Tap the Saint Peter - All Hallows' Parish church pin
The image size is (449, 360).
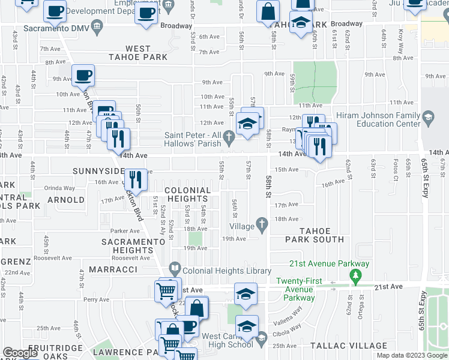click(x=229, y=139)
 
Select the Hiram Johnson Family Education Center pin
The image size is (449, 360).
click(x=428, y=116)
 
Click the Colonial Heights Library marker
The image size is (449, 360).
click(x=175, y=268)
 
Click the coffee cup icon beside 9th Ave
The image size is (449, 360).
click(x=83, y=76)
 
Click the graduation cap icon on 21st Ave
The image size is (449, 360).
click(x=246, y=293)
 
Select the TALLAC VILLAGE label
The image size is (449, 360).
click(x=349, y=346)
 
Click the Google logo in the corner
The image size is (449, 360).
click(x=20, y=353)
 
